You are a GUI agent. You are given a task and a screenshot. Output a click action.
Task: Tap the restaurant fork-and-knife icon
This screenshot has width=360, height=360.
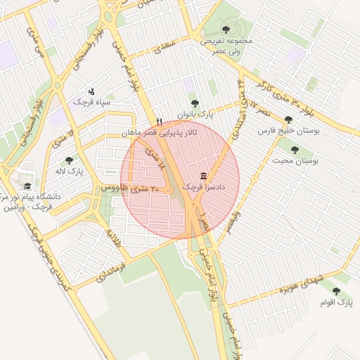tap(160, 122)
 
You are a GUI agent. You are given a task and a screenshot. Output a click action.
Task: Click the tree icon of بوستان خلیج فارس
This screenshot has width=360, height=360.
tap(288, 120)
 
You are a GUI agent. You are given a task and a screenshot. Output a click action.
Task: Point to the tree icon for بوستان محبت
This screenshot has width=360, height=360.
tap(294, 149)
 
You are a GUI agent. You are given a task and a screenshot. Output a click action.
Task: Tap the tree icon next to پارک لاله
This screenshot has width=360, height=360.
tap(68, 160)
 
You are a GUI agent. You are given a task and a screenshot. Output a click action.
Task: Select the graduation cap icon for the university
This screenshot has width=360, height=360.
tap(27, 186)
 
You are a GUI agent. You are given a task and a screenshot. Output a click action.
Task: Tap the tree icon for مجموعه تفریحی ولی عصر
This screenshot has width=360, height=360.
tap(225, 29)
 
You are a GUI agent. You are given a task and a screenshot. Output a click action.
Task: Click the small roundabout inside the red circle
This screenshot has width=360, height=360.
tap(169, 191)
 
